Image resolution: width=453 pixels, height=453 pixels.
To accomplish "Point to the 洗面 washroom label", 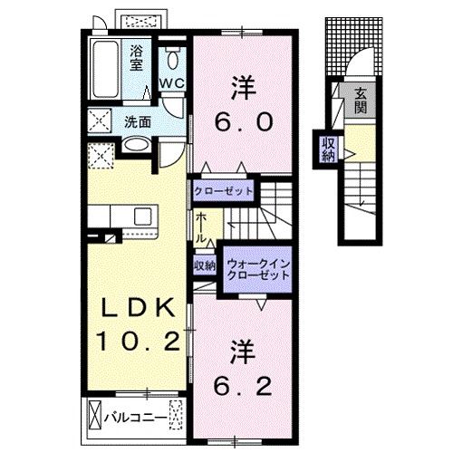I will [x=138, y=121].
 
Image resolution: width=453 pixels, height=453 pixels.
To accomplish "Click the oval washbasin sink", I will [x=136, y=146].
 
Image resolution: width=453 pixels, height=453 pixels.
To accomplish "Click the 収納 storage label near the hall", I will [x=203, y=265].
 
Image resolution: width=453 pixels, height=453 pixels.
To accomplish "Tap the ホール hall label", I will [x=199, y=227].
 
